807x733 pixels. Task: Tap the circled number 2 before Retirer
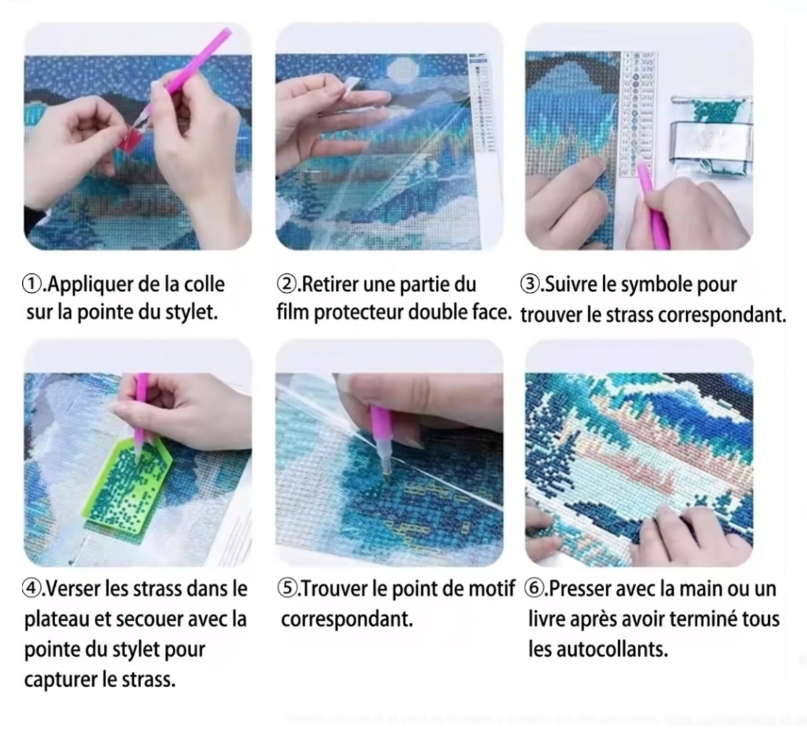click(286, 285)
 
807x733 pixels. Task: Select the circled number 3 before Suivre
click(531, 285)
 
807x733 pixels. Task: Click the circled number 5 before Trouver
click(287, 589)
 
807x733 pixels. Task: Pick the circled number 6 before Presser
click(535, 589)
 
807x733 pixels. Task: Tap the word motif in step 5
click(492, 589)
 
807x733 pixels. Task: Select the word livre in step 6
click(546, 619)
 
